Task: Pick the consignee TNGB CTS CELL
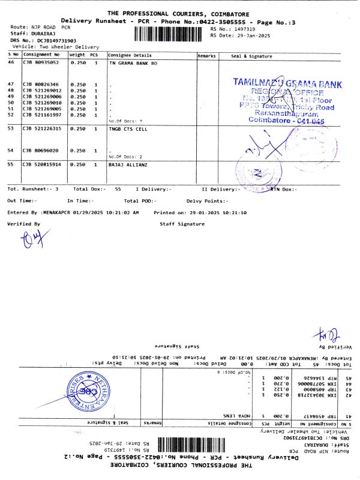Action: click(x=128, y=128)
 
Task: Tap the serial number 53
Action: click(x=11, y=128)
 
